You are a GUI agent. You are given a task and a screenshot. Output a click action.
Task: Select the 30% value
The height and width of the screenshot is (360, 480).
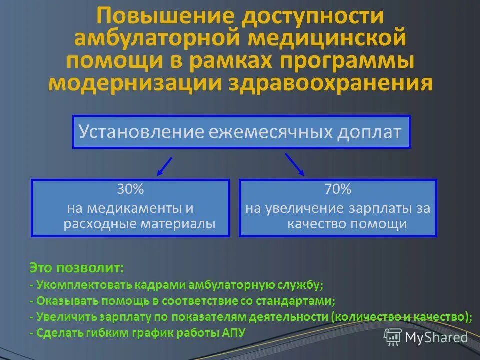point(130,189)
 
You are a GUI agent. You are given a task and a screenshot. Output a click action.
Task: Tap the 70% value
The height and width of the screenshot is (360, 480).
point(338,189)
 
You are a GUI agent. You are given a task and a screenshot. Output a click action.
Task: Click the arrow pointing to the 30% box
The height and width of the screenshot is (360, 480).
point(165,166)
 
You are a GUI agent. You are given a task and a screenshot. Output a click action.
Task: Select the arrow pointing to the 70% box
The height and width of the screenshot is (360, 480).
point(295,164)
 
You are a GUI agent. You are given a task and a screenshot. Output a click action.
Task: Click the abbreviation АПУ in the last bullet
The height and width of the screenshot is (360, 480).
point(233,333)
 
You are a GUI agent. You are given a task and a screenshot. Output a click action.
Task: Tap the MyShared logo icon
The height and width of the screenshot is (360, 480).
point(393,338)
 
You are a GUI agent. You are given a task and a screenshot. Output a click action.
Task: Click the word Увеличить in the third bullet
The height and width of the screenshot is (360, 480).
point(60,317)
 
